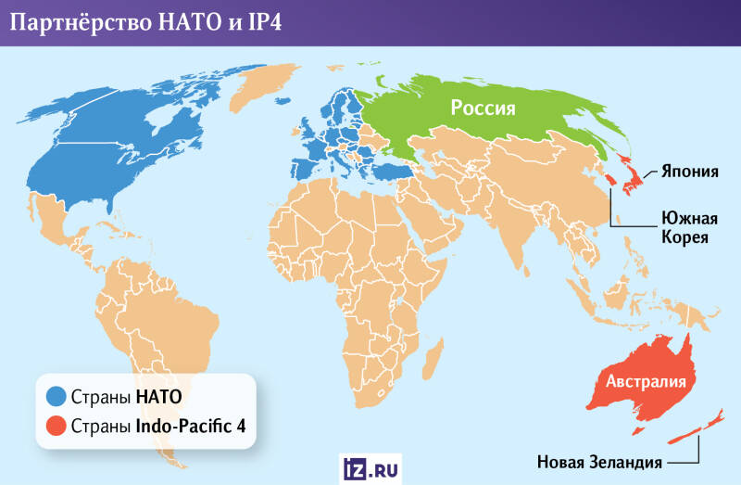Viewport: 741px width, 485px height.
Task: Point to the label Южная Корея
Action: (689, 228)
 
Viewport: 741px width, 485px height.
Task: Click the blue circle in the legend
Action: (56, 398)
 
